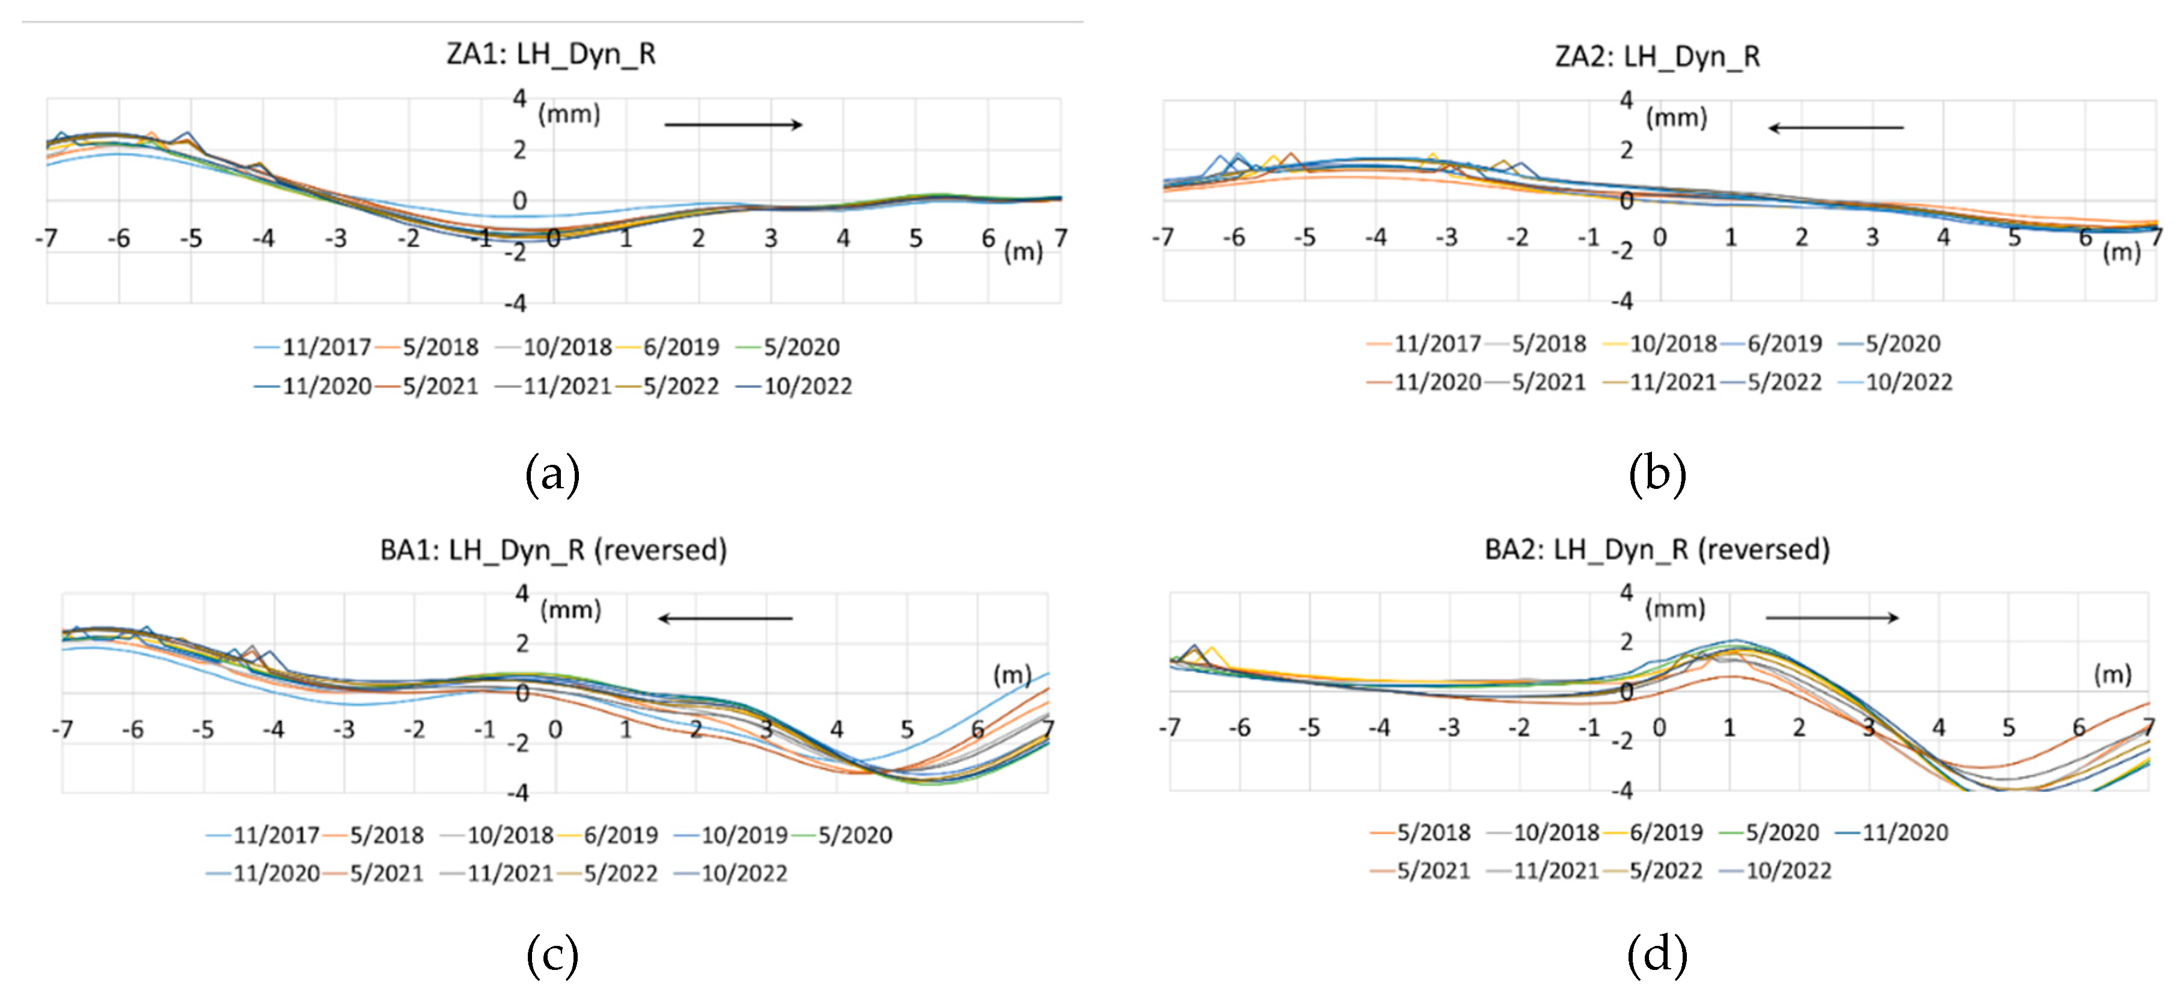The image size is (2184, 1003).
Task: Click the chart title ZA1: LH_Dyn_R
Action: point(551,54)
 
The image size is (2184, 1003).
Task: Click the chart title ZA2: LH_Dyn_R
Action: point(1657,57)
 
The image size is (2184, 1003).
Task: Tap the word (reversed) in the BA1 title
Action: point(659,550)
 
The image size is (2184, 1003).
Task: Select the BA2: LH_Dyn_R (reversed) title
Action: point(1657,550)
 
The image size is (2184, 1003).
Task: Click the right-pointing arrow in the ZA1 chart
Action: point(733,124)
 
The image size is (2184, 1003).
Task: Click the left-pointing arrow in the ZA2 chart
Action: point(1835,128)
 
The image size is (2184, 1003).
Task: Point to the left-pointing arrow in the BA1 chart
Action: point(725,618)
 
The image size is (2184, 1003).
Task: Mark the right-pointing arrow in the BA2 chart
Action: point(1831,617)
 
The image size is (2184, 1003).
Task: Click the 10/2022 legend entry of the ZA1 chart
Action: point(806,387)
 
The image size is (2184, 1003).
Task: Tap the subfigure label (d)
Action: point(1657,955)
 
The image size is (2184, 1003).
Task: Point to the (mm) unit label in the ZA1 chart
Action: point(569,114)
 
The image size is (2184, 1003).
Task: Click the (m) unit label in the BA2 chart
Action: point(2112,674)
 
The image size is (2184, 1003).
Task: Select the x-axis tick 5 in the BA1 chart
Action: point(907,729)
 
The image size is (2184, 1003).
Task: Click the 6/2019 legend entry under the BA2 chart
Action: point(1665,833)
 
